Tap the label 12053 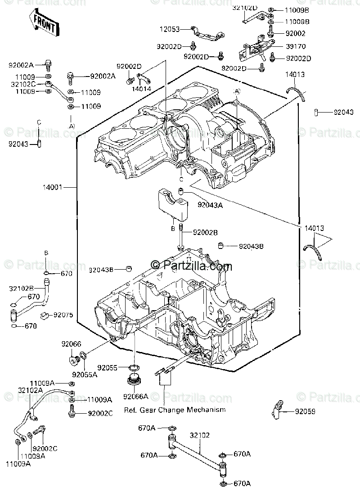169,29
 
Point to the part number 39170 295,46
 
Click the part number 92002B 205,232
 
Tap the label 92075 63,315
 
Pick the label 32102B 21,288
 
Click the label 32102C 21,84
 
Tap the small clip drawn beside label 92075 45,315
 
